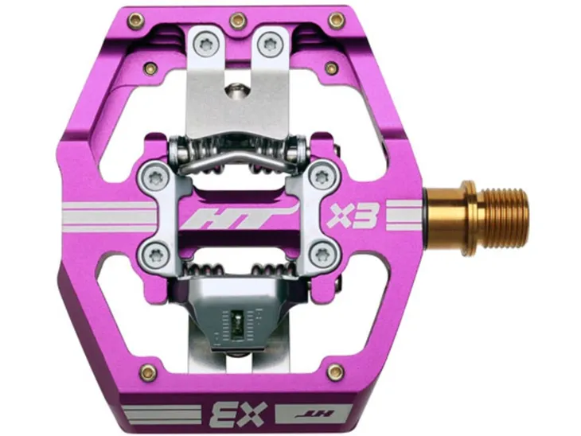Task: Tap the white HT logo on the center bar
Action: [241, 217]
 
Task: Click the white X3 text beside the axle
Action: [352, 216]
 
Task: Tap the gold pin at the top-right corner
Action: [337, 20]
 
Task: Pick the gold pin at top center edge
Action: [237, 20]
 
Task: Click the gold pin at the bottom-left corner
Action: [148, 372]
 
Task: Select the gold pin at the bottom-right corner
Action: [335, 372]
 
